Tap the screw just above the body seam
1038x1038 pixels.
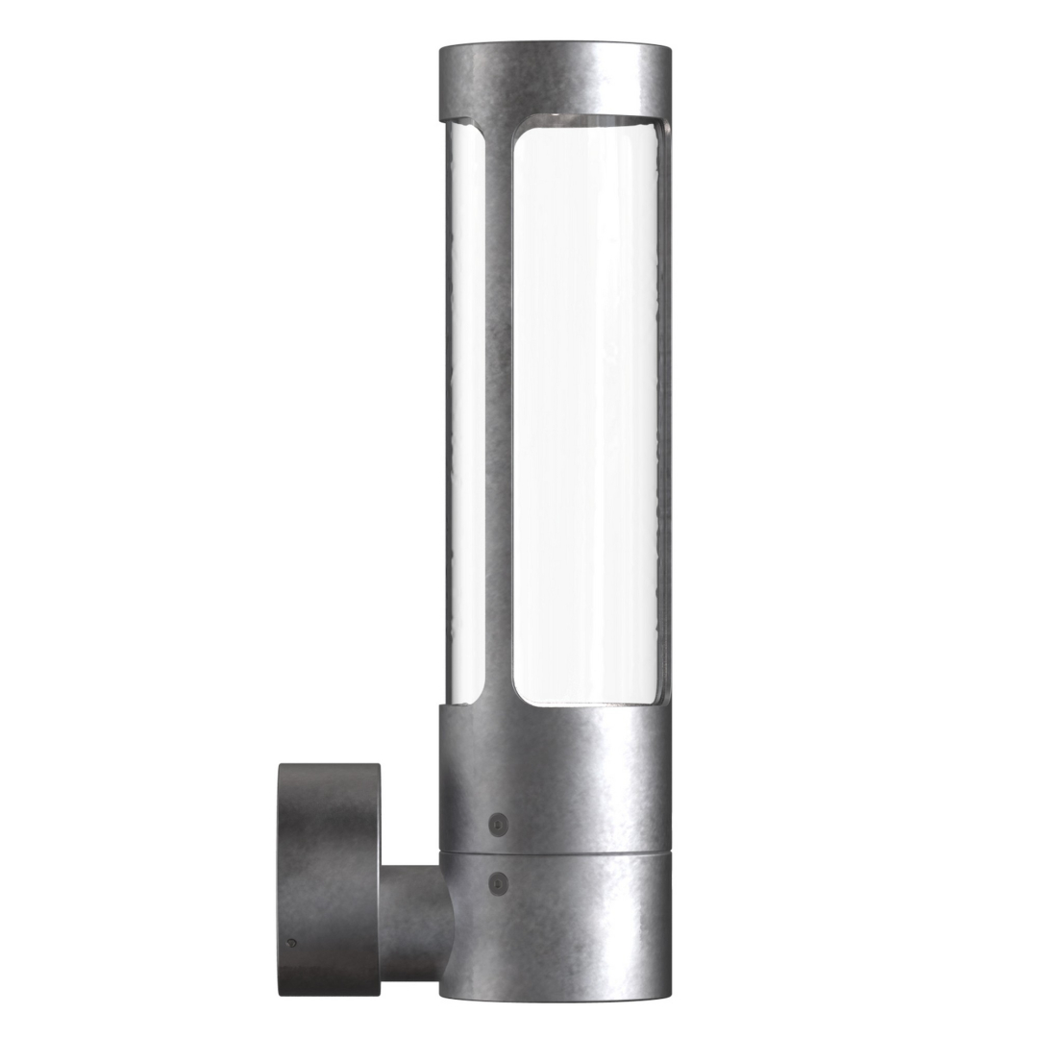[x=497, y=822]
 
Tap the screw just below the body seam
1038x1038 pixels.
[x=497, y=882]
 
